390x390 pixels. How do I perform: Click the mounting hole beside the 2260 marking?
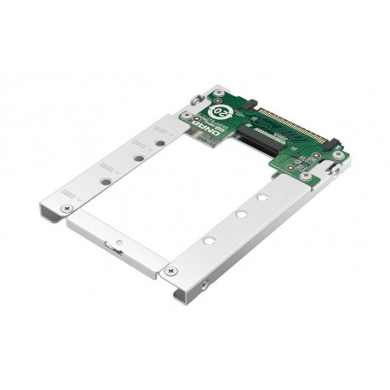(105, 181)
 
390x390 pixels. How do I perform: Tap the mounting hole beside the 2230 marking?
(158, 141)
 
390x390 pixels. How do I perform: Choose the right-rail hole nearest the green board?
(262, 198)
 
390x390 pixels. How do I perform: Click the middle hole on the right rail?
(242, 214)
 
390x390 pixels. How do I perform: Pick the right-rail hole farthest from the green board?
(209, 240)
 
